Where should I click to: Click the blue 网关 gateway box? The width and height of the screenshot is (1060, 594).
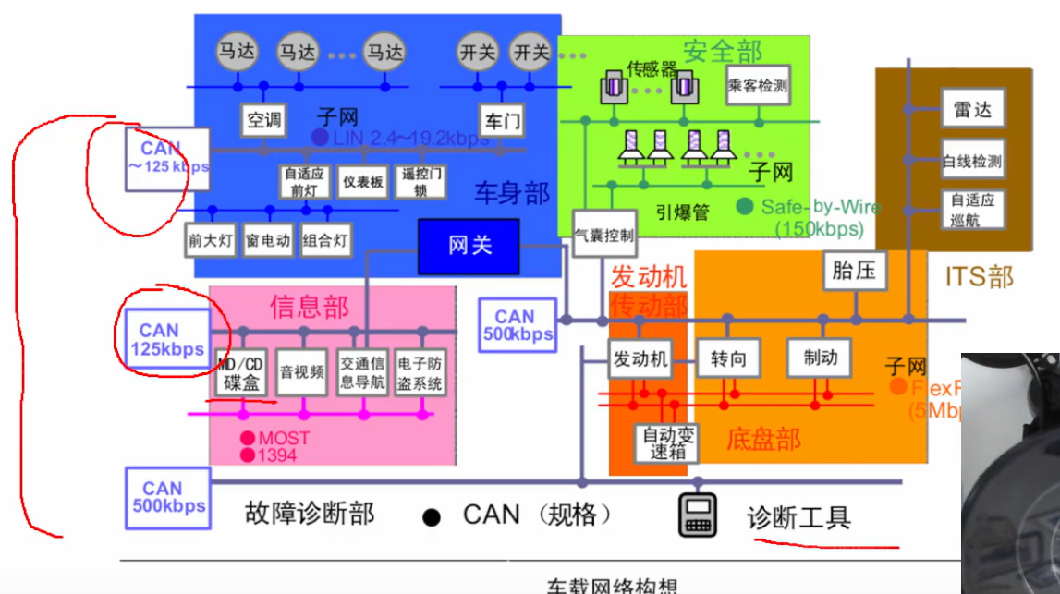[469, 246]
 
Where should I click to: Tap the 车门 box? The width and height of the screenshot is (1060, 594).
[501, 119]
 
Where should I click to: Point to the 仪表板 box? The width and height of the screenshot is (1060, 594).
[362, 182]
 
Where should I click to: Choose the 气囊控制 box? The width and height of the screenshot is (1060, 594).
[604, 236]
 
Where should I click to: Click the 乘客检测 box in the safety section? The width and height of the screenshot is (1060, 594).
[758, 86]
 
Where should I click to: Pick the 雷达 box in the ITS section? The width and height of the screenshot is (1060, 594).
[972, 110]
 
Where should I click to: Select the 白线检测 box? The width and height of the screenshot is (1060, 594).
[972, 161]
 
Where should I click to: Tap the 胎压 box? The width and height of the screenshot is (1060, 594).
[854, 272]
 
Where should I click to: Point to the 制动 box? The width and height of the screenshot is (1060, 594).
[819, 358]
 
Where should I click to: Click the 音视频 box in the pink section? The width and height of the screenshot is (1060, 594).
[302, 372]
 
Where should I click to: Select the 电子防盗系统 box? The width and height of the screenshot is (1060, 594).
[420, 372]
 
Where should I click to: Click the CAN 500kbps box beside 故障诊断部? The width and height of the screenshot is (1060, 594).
[167, 497]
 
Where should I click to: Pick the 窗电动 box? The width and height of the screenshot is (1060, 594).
[267, 241]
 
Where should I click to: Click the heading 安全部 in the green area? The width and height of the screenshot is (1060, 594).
[722, 52]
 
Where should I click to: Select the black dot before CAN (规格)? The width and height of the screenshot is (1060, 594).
[431, 517]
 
